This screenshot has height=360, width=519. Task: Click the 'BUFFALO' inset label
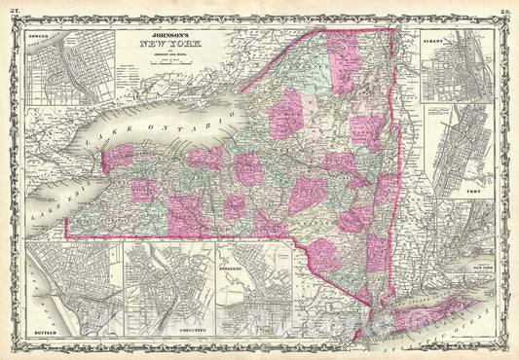click(x=48, y=329)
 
